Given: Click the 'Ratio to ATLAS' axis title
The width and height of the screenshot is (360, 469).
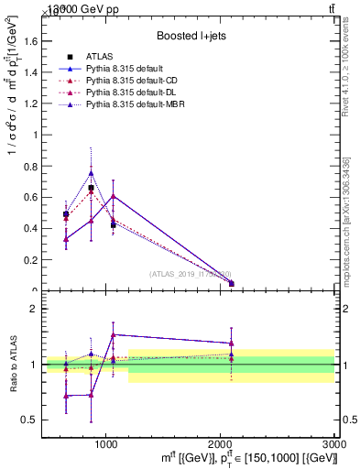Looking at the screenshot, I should click(x=12, y=365).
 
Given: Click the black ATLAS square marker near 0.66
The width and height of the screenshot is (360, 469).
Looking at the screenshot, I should click(x=91, y=188).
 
